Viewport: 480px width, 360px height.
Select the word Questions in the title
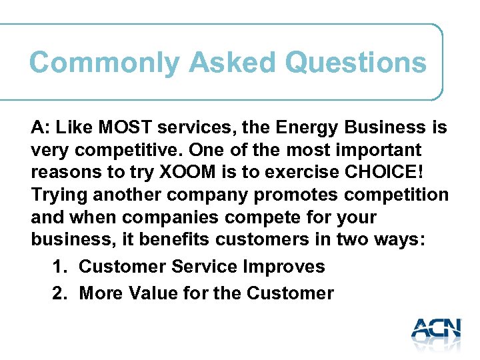pos(355,63)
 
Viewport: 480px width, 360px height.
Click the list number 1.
pos(59,267)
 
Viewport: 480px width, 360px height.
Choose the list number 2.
pos(59,293)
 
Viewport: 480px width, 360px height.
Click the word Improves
pos(284,267)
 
